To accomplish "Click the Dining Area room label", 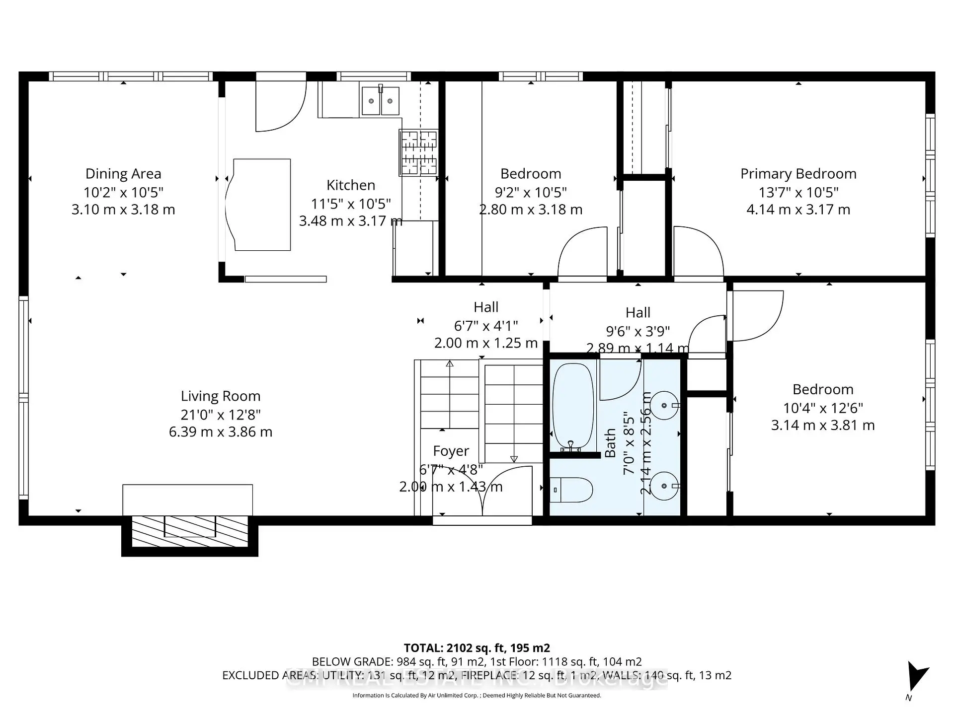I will pyautogui.click(x=123, y=174).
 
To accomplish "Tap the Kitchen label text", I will pyautogui.click(x=350, y=185).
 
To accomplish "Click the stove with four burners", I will pyautogui.click(x=418, y=153).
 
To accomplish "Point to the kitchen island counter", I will pyautogui.click(x=261, y=205).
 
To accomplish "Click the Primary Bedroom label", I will pyautogui.click(x=798, y=174).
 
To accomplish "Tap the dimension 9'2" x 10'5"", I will pyautogui.click(x=531, y=192).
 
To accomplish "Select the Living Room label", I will pyautogui.click(x=220, y=396).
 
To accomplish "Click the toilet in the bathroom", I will pyautogui.click(x=571, y=490).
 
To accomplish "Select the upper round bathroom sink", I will pyautogui.click(x=664, y=406).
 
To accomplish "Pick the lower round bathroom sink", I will pyautogui.click(x=664, y=486).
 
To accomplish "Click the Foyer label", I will pyautogui.click(x=451, y=451).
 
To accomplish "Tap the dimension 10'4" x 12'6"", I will pyautogui.click(x=822, y=408).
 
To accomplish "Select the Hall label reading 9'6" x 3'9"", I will pyautogui.click(x=637, y=331).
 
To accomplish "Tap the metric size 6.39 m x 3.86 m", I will pyautogui.click(x=220, y=432).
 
